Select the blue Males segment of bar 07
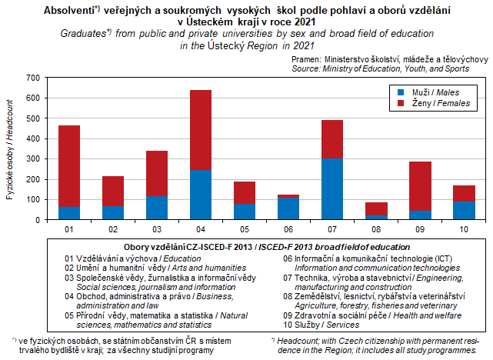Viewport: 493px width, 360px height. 332,188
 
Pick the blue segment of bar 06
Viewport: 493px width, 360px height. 288,208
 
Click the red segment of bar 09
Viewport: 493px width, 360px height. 420,185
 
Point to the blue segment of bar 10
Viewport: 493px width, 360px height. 464,210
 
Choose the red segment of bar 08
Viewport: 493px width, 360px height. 376,208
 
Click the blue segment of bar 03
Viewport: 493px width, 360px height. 157,208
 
